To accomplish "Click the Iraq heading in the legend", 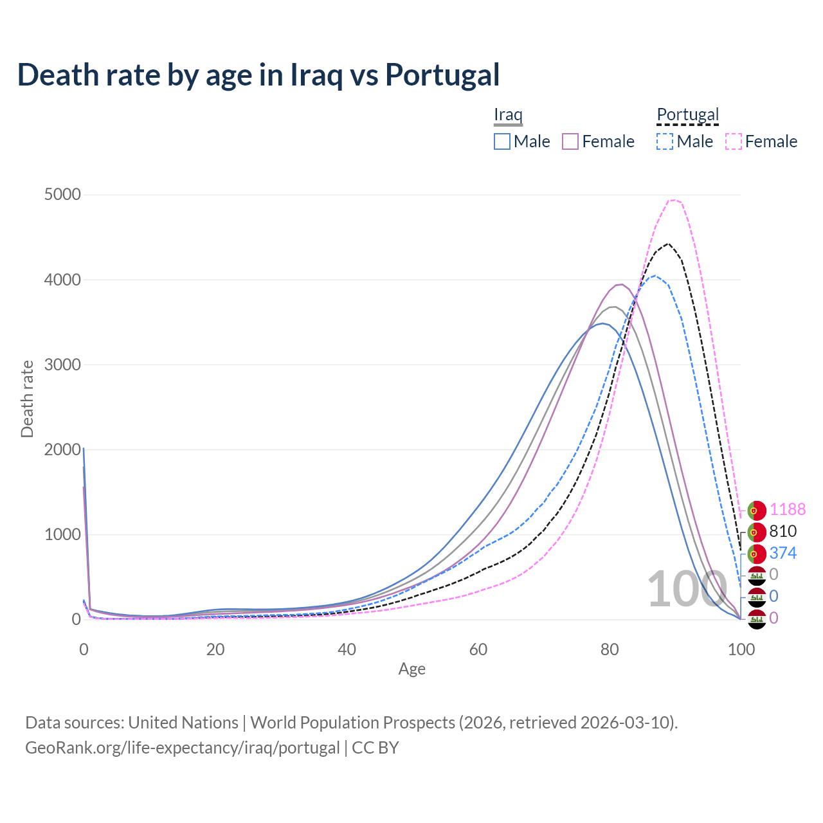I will coord(508,114).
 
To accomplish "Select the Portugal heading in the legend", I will coord(687,114).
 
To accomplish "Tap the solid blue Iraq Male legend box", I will coord(502,141).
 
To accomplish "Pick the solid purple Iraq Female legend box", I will coord(570,141).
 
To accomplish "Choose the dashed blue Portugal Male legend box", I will coord(665,141).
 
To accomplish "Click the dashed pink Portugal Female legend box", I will coord(734,141).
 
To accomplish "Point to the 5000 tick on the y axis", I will coord(62,195).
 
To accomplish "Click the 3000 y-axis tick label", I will coord(62,365).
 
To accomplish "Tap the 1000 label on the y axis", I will coord(62,534).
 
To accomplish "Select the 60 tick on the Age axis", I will coord(478,649).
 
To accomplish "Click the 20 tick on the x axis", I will coord(215,649).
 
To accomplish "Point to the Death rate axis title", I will coord(27,399).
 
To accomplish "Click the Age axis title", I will coord(411,669).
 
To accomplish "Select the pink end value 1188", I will coord(787,509).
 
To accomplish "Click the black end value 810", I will coord(782,531).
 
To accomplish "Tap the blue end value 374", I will coord(782,553).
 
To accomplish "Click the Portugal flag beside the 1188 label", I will coord(757,510).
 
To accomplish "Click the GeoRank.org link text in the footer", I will coord(182,748).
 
